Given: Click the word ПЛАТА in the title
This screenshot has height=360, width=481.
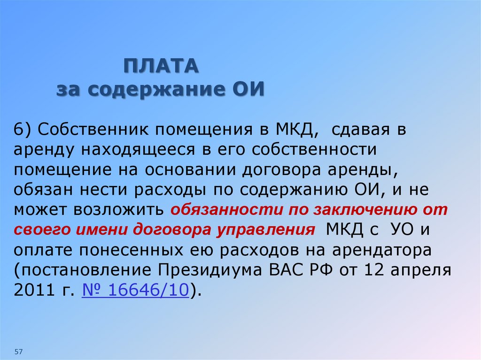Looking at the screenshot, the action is (x=161, y=66).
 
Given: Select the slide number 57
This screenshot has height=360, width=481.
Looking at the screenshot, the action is (x=19, y=352).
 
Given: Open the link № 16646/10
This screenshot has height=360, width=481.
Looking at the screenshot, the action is (x=135, y=290).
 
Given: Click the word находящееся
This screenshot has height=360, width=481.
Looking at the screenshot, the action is (x=139, y=150).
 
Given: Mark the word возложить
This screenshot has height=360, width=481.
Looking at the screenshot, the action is (x=118, y=210).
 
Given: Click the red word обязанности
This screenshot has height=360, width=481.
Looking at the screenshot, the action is (x=227, y=209).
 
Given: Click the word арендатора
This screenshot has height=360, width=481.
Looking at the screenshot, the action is (x=382, y=251).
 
